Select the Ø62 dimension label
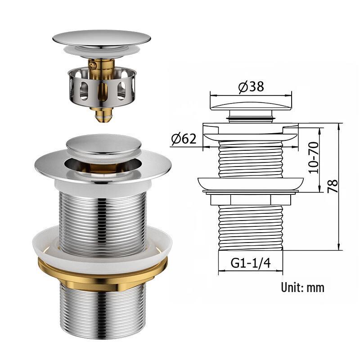tap(184, 139)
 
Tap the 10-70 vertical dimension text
tap(313, 157)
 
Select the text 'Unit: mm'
tap(302, 287)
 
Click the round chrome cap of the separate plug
tap(101, 38)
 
